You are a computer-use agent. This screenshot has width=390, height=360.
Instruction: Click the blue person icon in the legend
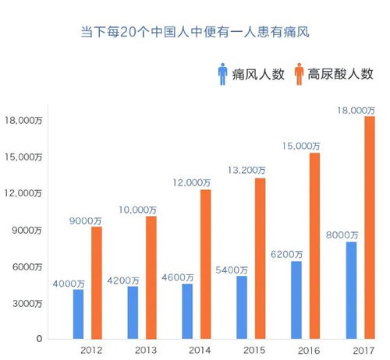coord(222,75)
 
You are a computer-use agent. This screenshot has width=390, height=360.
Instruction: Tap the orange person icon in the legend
coord(300,75)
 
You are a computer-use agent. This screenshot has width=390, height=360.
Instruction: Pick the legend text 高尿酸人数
coord(342,76)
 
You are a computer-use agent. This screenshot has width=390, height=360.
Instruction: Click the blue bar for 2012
coord(79,314)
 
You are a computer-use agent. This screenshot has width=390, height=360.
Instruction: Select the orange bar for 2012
coord(97,282)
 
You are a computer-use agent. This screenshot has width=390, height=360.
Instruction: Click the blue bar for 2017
coord(351,290)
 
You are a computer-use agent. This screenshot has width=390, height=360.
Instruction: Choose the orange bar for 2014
coord(206,264)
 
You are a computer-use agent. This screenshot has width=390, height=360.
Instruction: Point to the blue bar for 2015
coord(242,307)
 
